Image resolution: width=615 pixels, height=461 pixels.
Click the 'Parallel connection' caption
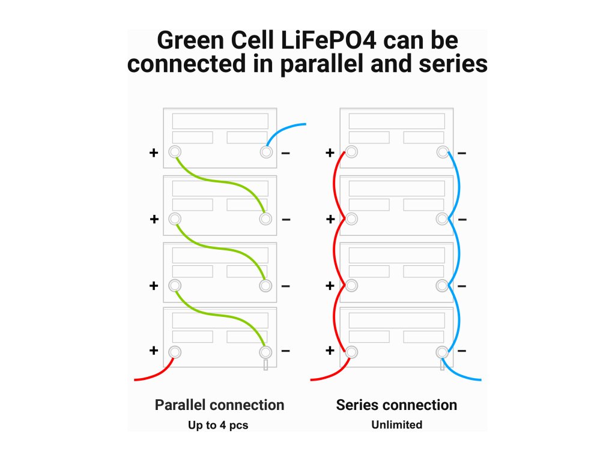click(x=219, y=405)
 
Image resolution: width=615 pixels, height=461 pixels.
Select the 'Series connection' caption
click(x=396, y=405)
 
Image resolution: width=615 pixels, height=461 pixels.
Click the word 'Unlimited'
click(x=396, y=425)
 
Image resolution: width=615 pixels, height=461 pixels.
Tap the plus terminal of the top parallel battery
click(x=175, y=152)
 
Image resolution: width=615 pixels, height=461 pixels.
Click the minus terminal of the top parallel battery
click(x=266, y=152)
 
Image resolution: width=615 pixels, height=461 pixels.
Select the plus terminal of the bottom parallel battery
click(x=175, y=352)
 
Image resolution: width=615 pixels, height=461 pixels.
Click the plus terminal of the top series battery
click(x=351, y=152)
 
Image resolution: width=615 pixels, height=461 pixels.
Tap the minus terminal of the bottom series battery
click(x=442, y=352)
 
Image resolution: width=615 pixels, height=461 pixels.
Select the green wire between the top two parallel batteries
click(x=220, y=182)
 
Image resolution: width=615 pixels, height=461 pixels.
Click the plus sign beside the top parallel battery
click(x=154, y=153)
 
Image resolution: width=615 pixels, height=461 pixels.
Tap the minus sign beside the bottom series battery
click(x=462, y=351)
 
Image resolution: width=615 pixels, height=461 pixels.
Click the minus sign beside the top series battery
click(x=462, y=153)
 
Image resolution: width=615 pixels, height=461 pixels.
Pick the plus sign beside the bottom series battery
click(x=330, y=351)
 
